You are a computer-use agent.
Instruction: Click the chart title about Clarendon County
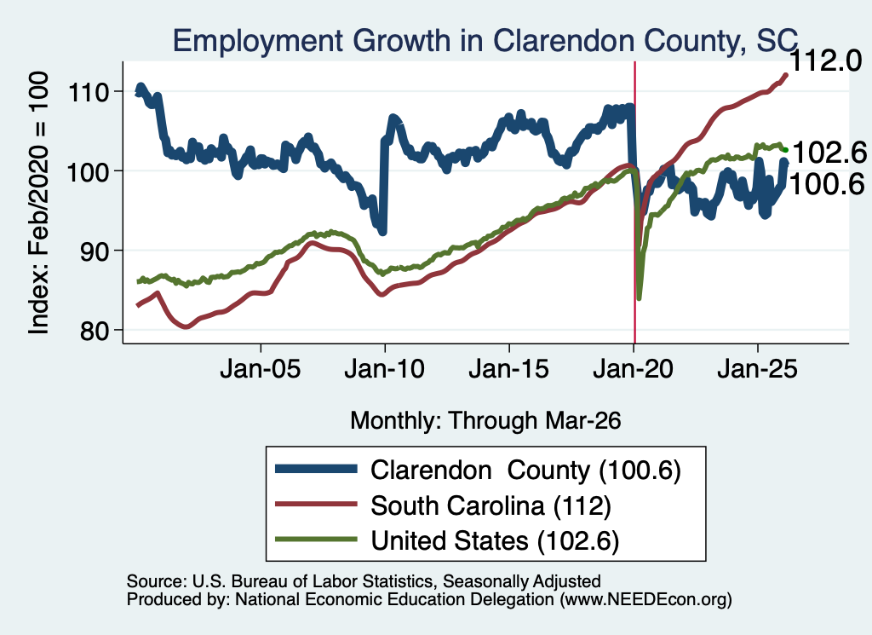[x=485, y=41]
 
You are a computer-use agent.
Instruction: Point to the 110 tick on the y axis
[x=89, y=92]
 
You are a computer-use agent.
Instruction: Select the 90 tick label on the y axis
[x=95, y=251]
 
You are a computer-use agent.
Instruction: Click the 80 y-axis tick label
[x=95, y=331]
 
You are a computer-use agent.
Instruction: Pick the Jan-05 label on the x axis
[x=261, y=369]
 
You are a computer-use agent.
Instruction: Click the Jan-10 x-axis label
[x=384, y=369]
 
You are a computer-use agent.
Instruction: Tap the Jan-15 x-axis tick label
[x=509, y=369]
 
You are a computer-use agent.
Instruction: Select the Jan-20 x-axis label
[x=633, y=369]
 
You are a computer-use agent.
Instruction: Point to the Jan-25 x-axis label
[x=757, y=369]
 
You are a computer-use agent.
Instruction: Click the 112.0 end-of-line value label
[x=826, y=61]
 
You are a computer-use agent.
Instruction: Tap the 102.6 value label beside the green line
[x=829, y=153]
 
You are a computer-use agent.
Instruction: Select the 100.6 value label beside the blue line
[x=827, y=184]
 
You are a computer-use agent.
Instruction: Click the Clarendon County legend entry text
[x=525, y=470]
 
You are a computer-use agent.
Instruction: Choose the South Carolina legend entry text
[x=491, y=506]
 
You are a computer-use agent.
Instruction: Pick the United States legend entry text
[x=495, y=541]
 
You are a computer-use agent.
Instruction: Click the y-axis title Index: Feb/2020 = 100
[x=38, y=203]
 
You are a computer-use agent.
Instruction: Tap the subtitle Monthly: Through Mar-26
[x=485, y=421]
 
